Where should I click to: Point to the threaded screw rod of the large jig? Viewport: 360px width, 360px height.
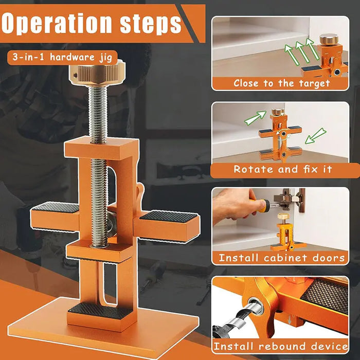tap(98, 154)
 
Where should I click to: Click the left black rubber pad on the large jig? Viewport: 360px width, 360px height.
tap(56, 207)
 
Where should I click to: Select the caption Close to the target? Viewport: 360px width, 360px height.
tap(281, 83)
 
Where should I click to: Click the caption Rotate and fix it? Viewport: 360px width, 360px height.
tap(282, 169)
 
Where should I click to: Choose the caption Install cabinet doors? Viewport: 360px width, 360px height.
tap(281, 258)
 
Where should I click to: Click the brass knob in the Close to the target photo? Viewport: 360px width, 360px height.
tap(326, 40)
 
